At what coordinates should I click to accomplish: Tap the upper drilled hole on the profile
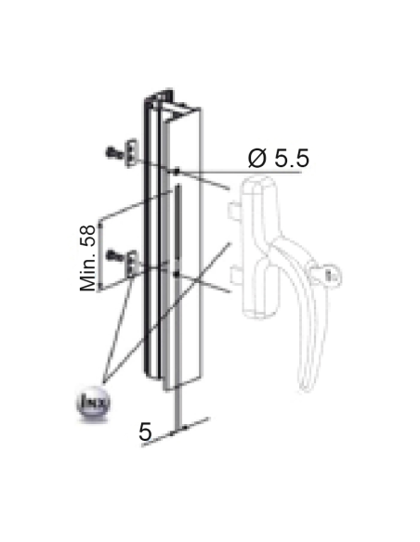point(176,172)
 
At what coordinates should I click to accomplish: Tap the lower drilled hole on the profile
point(176,274)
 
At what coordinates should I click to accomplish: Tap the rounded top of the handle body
point(258,185)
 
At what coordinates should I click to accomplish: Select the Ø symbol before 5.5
point(258,159)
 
